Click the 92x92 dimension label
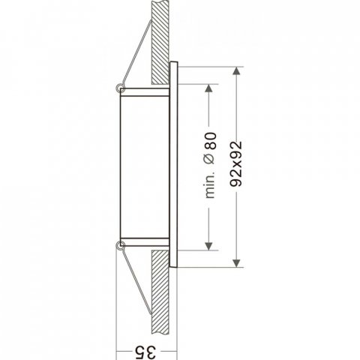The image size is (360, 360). point(236,164)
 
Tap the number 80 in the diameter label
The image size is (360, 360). point(209,141)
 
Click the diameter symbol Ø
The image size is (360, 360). point(209,159)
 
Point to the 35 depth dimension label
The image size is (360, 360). point(146,352)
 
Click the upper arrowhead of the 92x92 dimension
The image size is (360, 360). point(236,70)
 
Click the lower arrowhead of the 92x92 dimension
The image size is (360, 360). point(236,263)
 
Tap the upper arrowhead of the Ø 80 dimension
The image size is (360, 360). point(208,88)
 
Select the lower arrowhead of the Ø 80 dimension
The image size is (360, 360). point(208,246)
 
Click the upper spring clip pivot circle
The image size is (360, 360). point(119,88)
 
